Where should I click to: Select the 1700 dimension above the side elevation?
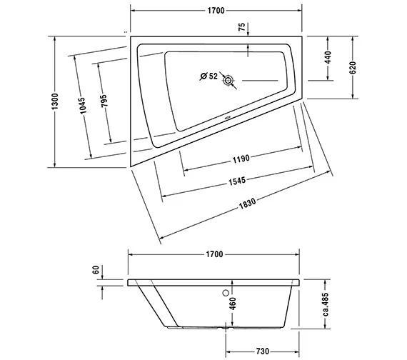pyautogui.click(x=213, y=254)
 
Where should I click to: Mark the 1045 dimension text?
pyautogui.click(x=83, y=106)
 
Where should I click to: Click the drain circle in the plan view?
pyautogui.click(x=228, y=81)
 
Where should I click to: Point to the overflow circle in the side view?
pyautogui.click(x=227, y=291)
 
